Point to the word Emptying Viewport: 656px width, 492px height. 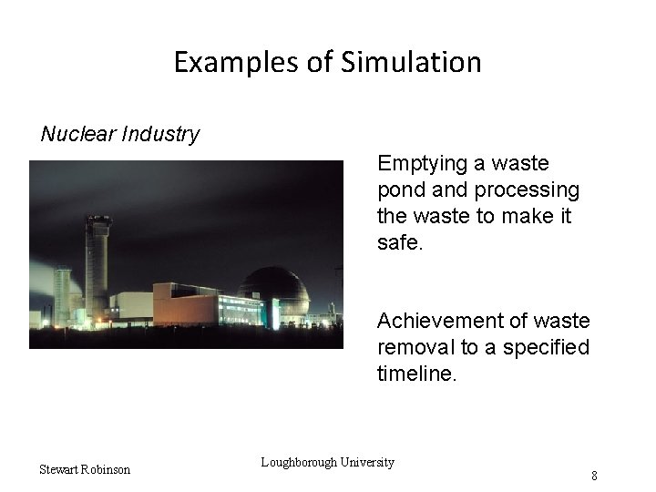(421, 164)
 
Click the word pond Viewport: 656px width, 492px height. (400, 190)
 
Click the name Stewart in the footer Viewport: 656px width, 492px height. (59, 469)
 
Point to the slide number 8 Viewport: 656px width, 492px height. (594, 476)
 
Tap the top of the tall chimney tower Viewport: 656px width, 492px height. (97, 219)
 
